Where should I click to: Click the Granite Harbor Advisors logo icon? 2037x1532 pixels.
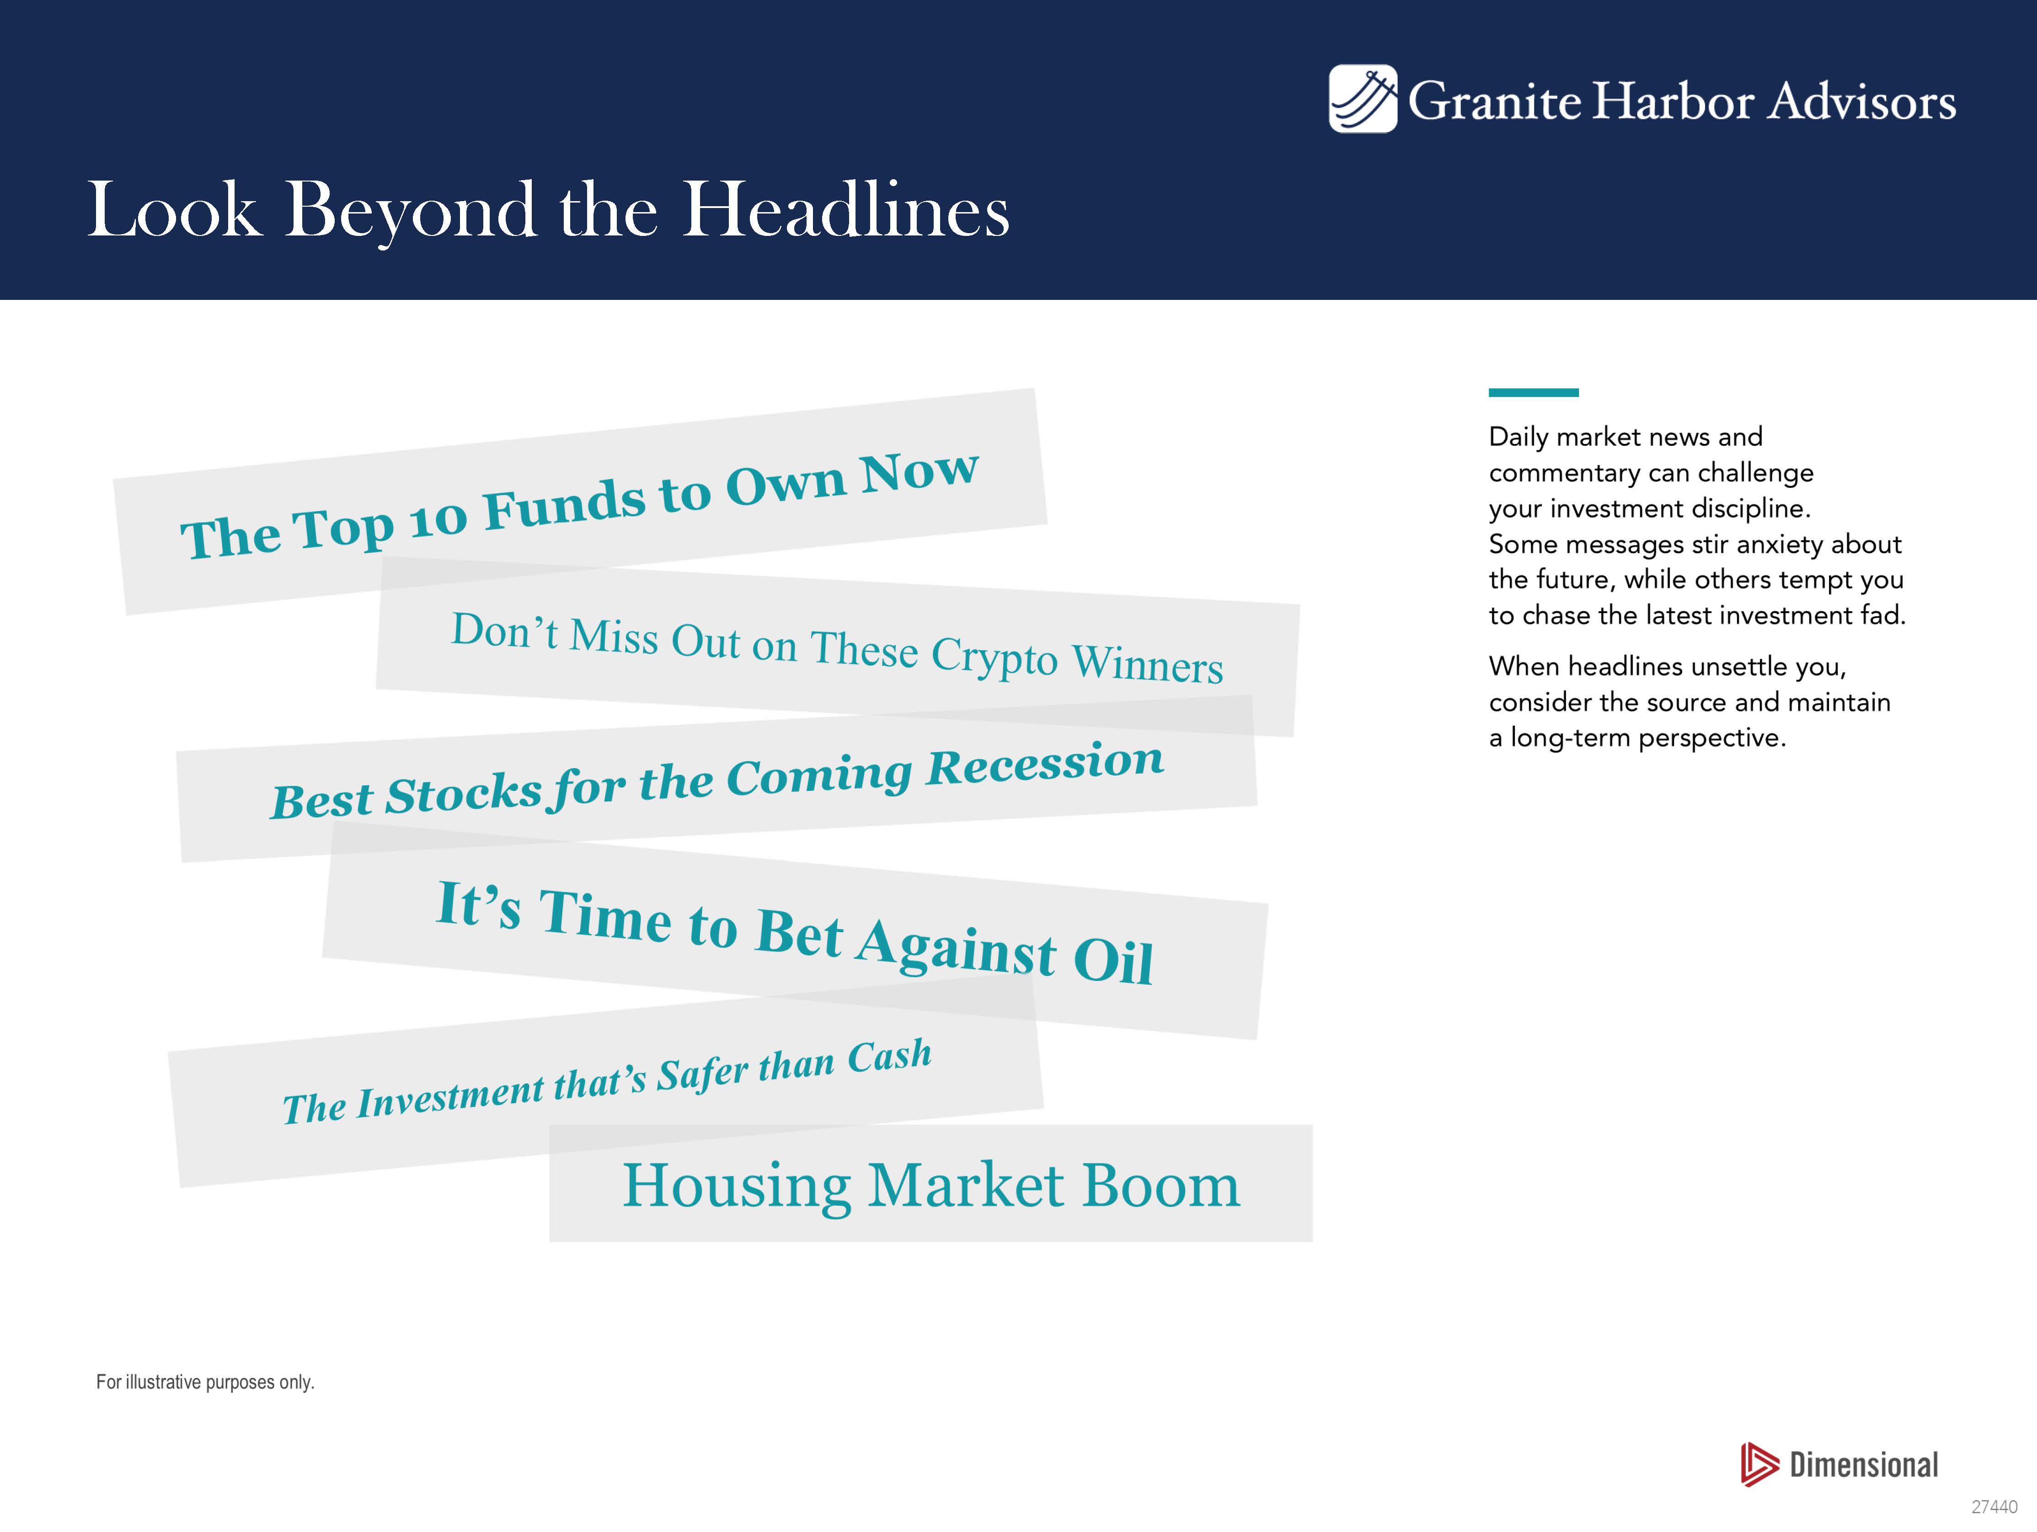pos(1362,98)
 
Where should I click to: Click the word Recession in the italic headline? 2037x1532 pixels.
pos(1045,764)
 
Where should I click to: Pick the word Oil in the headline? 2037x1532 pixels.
pos(1113,961)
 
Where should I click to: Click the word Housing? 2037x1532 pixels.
pos(737,1187)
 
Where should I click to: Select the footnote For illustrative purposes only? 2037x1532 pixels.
pos(205,1382)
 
